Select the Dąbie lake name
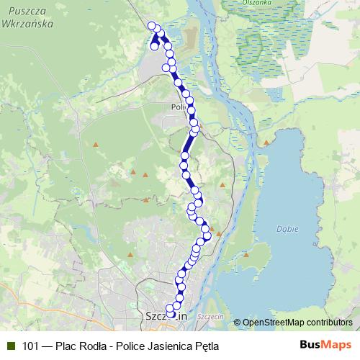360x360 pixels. pyautogui.click(x=287, y=228)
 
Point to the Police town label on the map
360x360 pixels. pyautogui.click(x=179, y=107)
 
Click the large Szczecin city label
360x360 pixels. pyautogui.click(x=166, y=315)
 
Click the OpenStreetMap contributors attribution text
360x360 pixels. pyautogui.click(x=297, y=323)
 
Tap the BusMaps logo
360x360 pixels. pyautogui.click(x=326, y=346)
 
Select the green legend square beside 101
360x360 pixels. pyautogui.click(x=10, y=346)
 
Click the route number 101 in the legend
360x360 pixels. pyautogui.click(x=30, y=346)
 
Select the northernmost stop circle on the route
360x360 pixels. pyautogui.click(x=152, y=26)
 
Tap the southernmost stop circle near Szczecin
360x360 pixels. pyautogui.click(x=170, y=312)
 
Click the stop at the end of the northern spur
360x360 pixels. pyautogui.click(x=154, y=47)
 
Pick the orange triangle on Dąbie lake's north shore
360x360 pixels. pyautogui.click(x=266, y=143)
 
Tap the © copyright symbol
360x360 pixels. pyautogui.click(x=237, y=323)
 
